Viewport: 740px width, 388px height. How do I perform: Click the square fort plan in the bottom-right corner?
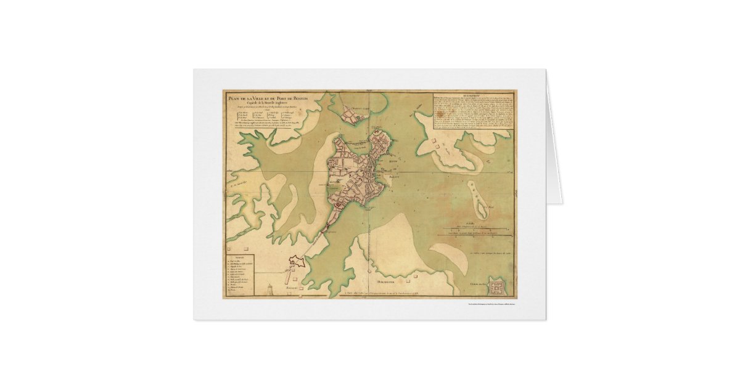click(x=497, y=286)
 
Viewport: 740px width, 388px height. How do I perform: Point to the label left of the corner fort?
click(x=474, y=283)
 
